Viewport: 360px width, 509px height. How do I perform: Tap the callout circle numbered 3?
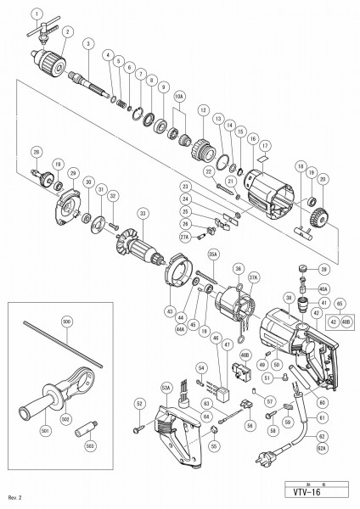(x=87, y=42)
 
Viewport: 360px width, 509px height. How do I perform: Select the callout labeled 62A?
(x=322, y=447)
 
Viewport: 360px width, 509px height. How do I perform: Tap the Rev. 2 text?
(x=13, y=496)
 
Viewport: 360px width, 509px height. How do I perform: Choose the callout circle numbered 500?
(x=66, y=321)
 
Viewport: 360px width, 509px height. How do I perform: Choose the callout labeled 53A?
(x=166, y=389)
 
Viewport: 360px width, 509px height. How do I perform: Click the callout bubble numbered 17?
(x=264, y=145)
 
